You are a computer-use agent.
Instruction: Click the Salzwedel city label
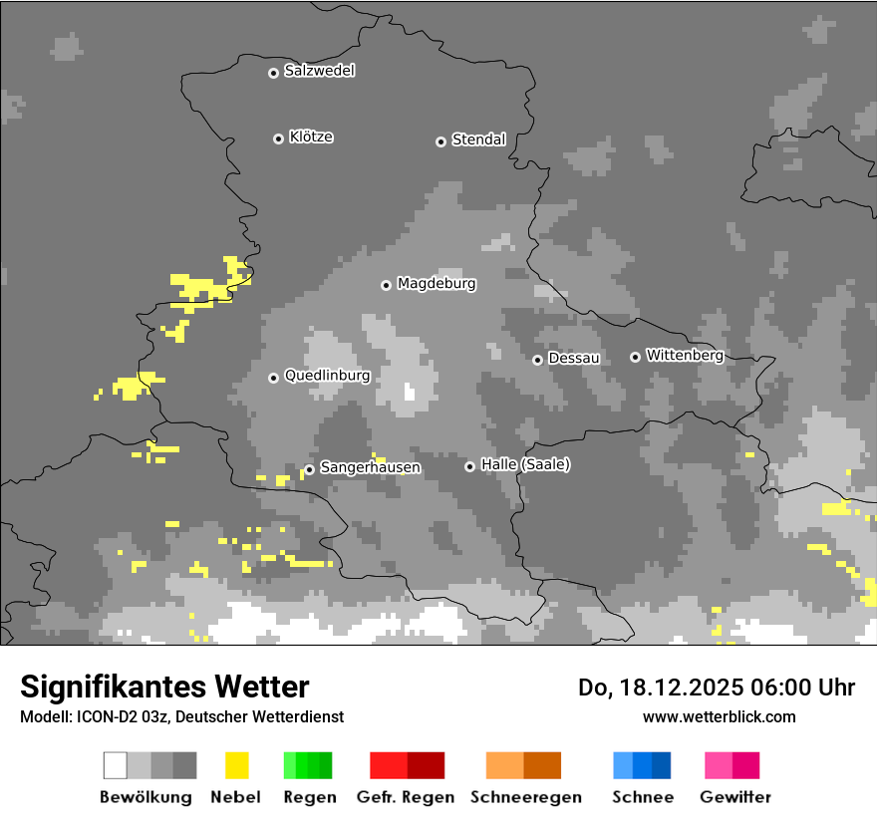point(319,71)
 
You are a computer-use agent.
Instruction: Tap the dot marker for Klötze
point(278,138)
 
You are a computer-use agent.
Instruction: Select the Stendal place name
point(478,140)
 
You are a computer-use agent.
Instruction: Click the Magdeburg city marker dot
point(386,285)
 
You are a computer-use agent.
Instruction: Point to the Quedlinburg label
point(327,376)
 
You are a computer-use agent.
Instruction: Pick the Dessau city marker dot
point(537,360)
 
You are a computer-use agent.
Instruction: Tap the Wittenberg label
point(684,355)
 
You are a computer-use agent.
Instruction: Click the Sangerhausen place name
point(370,467)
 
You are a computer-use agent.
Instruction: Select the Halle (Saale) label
point(525,465)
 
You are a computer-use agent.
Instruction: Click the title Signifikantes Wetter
point(164,687)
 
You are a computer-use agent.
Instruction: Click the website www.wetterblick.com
point(719,716)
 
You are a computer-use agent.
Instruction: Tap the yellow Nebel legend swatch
point(236,765)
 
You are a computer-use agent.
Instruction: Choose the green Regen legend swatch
point(308,765)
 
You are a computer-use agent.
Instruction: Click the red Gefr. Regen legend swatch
point(407,765)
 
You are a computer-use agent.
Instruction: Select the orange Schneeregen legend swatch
point(523,765)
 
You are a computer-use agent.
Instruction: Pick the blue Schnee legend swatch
point(642,765)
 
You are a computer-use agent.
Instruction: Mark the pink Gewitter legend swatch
point(731,765)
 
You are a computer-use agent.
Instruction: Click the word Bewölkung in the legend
point(146,797)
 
